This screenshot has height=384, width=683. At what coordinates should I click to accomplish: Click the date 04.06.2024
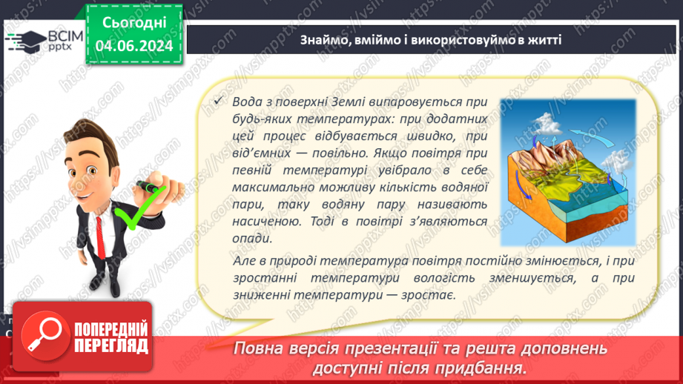pos(133,46)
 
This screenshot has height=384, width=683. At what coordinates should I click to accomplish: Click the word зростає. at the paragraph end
pos(428,294)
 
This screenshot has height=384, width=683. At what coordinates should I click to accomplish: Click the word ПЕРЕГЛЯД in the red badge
pos(111,345)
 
